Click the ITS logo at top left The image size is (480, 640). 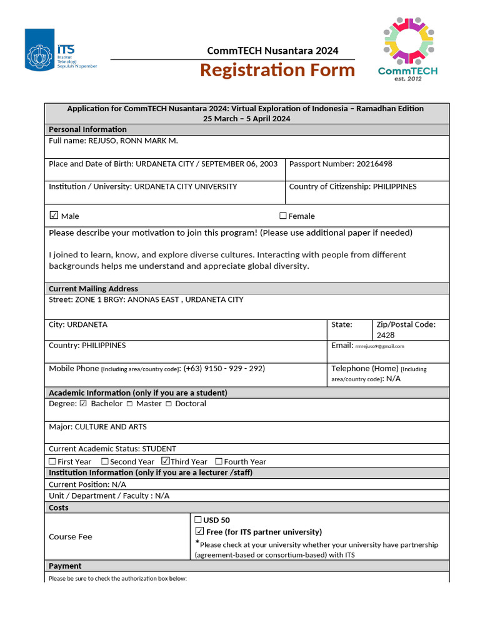(61, 49)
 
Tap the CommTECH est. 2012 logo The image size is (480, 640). (407, 49)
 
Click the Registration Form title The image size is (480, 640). (277, 70)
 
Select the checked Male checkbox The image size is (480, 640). (54, 216)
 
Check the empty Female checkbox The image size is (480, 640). (283, 216)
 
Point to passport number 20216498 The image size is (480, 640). (374, 164)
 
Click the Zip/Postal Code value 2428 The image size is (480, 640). (386, 335)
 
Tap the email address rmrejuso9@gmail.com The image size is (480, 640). (379, 346)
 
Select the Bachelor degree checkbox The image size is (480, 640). (83, 404)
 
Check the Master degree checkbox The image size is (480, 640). (129, 404)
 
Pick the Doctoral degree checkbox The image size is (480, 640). (169, 404)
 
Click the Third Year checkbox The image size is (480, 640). (166, 461)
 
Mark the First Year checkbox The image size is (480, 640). (52, 462)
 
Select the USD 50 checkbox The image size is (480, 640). (198, 519)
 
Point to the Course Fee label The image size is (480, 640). (71, 537)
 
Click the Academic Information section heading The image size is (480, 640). (137, 392)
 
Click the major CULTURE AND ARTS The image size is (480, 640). (111, 427)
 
